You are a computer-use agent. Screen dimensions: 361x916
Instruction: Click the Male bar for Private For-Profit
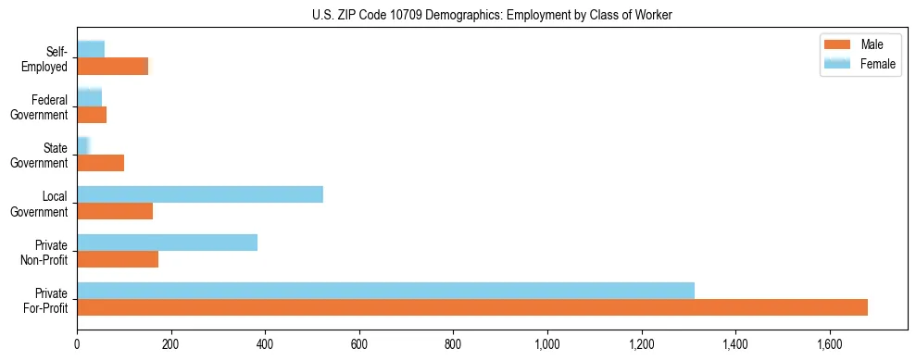pos(472,307)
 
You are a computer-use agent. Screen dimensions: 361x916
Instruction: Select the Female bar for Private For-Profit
pos(385,291)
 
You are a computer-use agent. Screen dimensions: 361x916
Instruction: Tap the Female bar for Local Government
pos(200,194)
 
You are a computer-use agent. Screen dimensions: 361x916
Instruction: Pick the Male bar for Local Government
pos(115,211)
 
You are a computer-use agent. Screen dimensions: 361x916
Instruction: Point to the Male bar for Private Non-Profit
pos(118,259)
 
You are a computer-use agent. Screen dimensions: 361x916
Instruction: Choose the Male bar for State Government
pos(100,163)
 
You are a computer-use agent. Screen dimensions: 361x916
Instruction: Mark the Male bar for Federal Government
pos(92,115)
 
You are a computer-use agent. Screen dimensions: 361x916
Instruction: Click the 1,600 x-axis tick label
pos(830,343)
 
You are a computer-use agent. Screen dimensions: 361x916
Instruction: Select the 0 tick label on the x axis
pos(77,343)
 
